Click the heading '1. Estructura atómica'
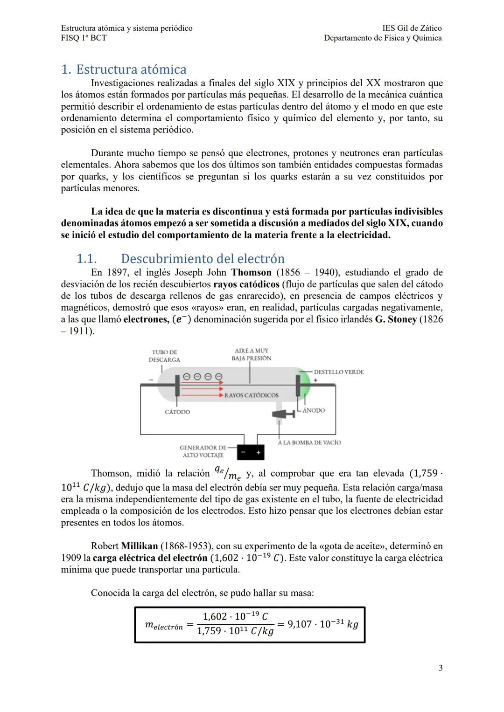(124, 69)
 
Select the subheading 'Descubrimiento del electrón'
(203, 259)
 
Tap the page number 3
(441, 668)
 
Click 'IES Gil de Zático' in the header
(412, 28)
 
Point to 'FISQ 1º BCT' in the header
(84, 38)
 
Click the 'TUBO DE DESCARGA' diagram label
(164, 356)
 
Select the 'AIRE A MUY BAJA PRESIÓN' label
(252, 354)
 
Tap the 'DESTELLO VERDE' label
(338, 372)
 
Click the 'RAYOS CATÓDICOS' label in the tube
(251, 395)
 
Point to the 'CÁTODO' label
(177, 412)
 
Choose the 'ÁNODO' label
(314, 410)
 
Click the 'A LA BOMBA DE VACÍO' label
(309, 442)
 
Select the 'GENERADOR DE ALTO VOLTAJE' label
(203, 451)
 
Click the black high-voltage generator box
(250, 452)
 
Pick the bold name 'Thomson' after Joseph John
(251, 273)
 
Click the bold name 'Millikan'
(139, 546)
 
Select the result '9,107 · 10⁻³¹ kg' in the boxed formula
(322, 624)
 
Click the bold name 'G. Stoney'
(396, 319)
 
